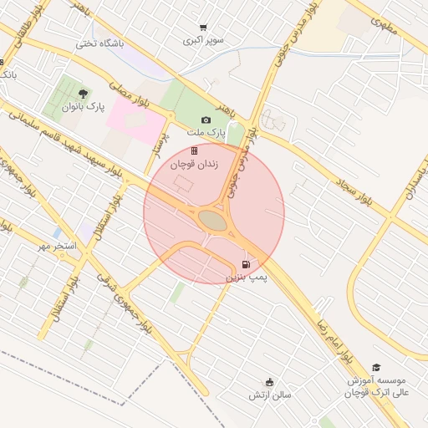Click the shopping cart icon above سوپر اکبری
tap(203, 28)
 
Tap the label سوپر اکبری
tap(204, 39)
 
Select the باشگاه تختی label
tap(99, 43)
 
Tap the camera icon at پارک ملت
tap(206, 120)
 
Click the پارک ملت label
tap(215, 133)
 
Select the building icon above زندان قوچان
tap(195, 151)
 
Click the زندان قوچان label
tap(195, 166)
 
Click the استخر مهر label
tap(59, 246)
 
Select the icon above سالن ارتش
tap(268, 381)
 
